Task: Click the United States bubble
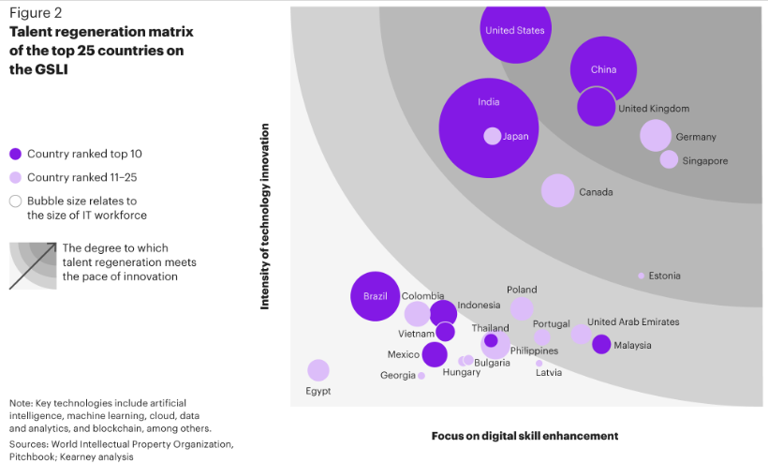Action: tap(514, 28)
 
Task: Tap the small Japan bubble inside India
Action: tap(493, 136)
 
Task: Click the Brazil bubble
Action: tap(375, 297)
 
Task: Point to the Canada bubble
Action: tap(557, 190)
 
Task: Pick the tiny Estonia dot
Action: tap(642, 276)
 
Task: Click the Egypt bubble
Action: tap(318, 370)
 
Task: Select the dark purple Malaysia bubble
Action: tap(601, 345)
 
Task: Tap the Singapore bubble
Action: tap(669, 159)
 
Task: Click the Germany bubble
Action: tap(656, 135)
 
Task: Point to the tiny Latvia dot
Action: tap(539, 363)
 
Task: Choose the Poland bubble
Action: tap(522, 308)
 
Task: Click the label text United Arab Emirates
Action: tap(633, 322)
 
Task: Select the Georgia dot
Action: tap(421, 376)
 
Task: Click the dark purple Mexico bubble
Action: tap(435, 354)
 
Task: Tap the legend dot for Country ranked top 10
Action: tap(15, 154)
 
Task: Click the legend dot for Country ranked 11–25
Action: tap(15, 177)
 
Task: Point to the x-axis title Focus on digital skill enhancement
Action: tap(524, 436)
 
